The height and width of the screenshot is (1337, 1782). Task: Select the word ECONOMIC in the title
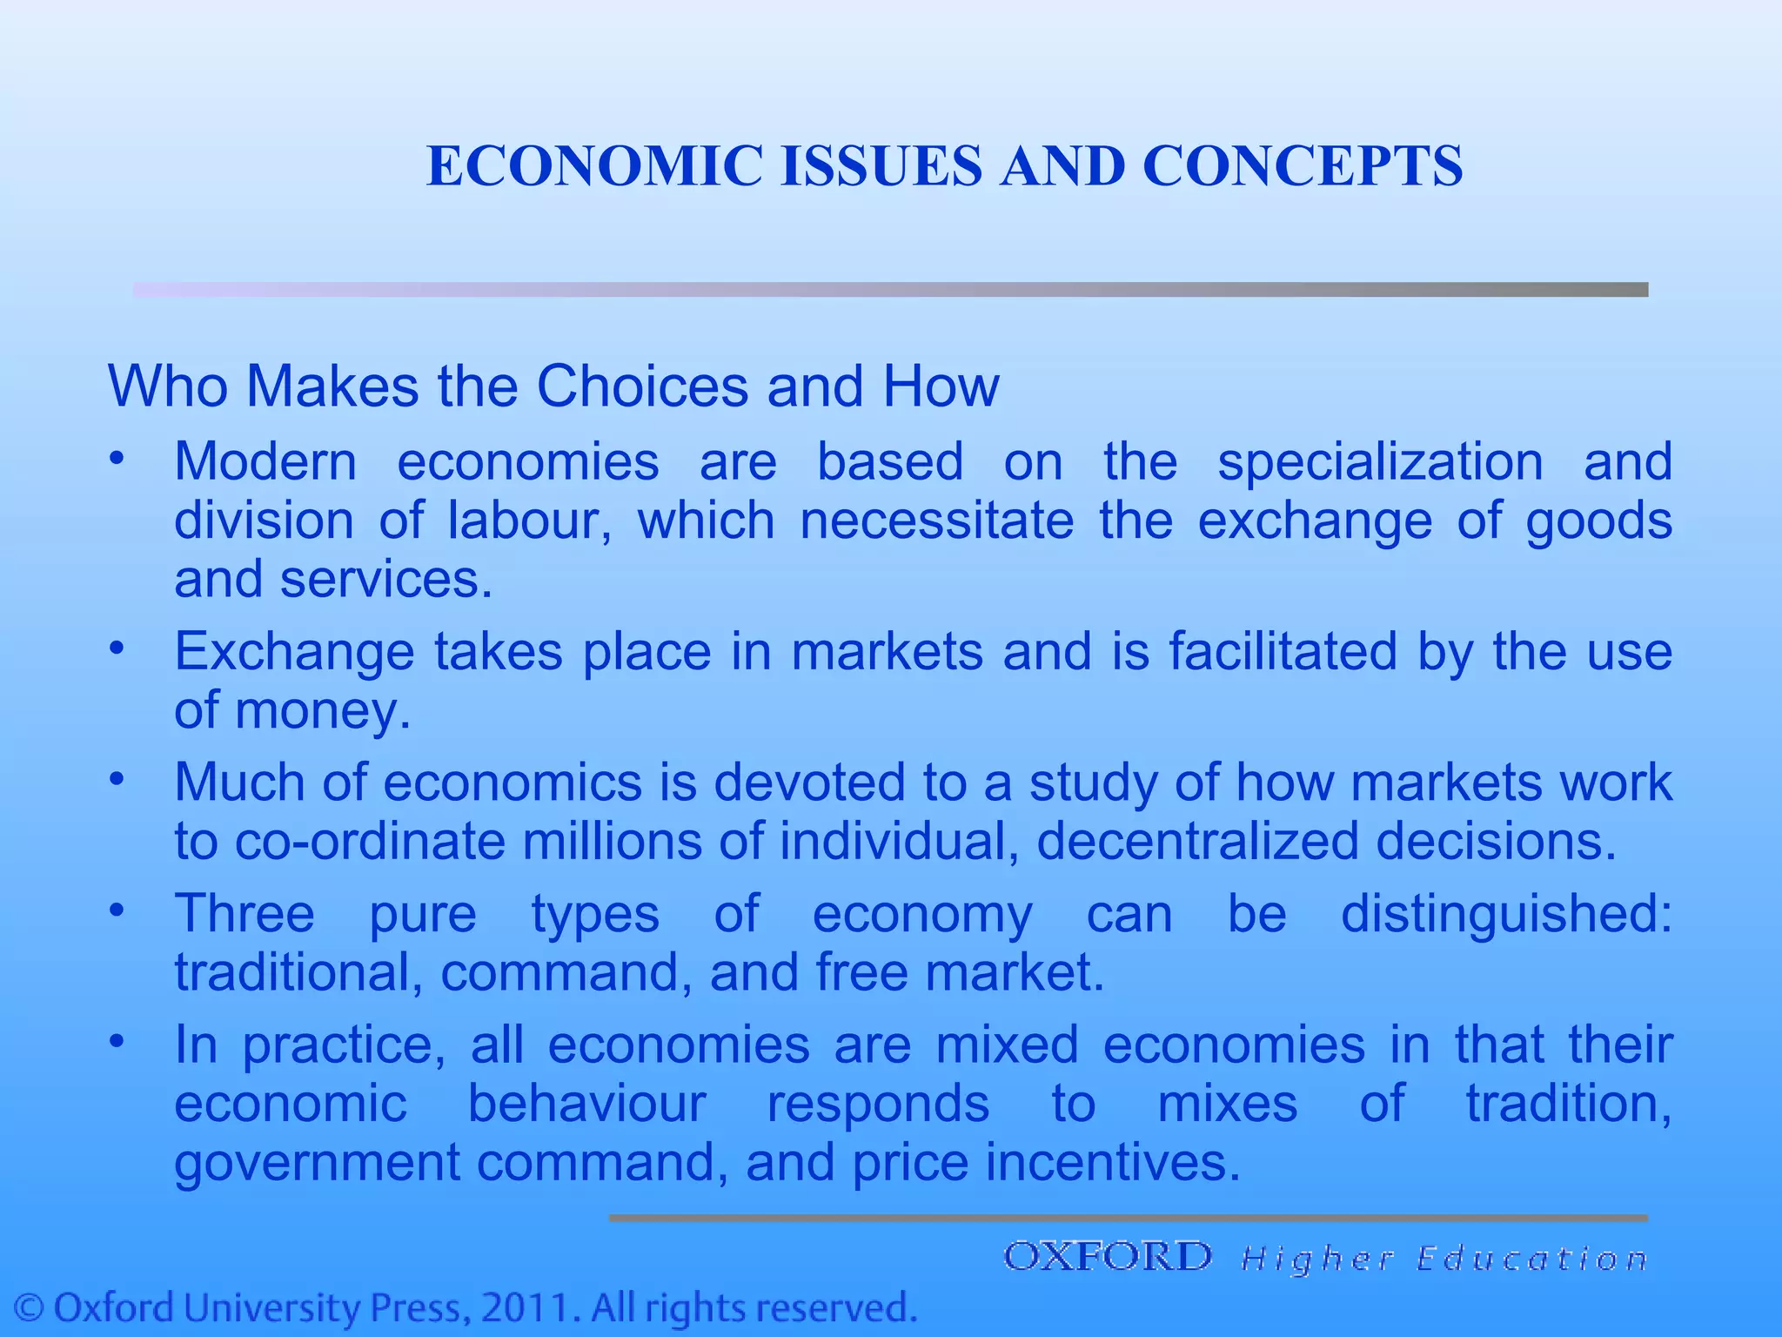[x=594, y=165]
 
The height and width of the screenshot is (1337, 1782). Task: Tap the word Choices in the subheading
[x=642, y=386]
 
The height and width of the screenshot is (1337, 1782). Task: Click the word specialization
[x=1380, y=461]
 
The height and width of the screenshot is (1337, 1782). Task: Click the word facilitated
[x=1283, y=651]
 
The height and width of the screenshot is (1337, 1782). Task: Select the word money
[x=322, y=710]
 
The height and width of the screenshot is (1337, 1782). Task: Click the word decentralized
[x=1196, y=841]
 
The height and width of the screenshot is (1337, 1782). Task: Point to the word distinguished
[x=1505, y=914]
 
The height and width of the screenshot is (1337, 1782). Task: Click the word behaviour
[x=586, y=1104]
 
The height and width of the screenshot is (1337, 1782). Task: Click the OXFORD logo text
[x=1107, y=1257]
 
